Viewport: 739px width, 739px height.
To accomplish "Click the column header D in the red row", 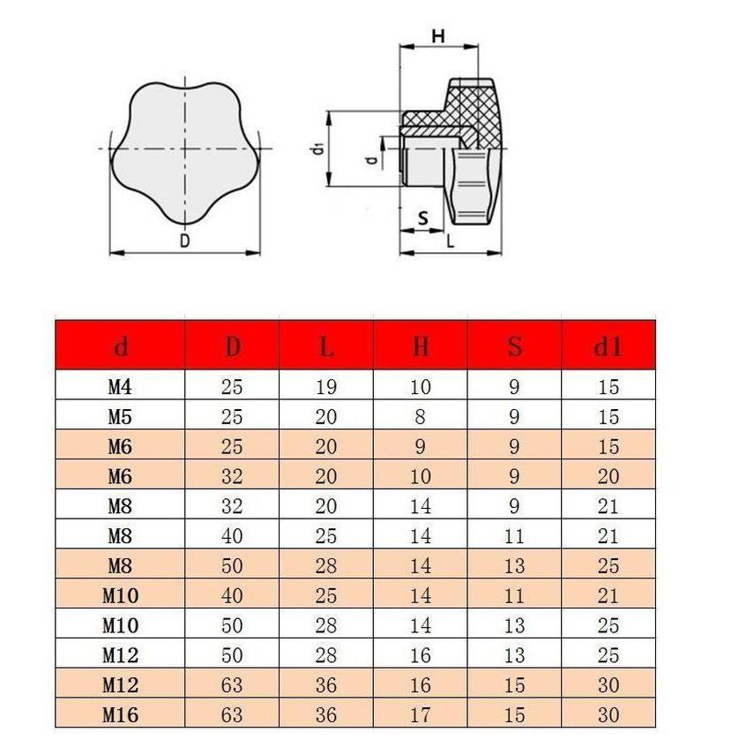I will (232, 347).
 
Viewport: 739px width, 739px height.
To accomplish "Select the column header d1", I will (608, 347).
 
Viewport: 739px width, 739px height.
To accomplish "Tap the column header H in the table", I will (421, 347).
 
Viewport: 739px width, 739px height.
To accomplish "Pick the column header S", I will (515, 347).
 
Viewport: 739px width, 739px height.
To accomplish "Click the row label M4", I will (120, 386).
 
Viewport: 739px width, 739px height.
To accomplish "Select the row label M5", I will (120, 416).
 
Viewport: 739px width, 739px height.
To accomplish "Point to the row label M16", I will (121, 714).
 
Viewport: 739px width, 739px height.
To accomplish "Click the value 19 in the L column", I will (326, 386).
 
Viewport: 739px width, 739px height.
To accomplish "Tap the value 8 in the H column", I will (421, 416).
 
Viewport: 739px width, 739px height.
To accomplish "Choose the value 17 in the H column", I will (421, 714).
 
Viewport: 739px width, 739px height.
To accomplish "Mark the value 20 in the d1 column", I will (608, 476).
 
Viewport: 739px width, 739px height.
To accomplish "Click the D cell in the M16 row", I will (232, 714).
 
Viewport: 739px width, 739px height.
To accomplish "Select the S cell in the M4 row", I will (515, 386).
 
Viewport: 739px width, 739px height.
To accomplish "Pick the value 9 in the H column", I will (421, 446).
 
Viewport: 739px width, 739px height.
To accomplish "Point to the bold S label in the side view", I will (422, 218).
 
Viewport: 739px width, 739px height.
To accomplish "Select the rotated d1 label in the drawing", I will (315, 148).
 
